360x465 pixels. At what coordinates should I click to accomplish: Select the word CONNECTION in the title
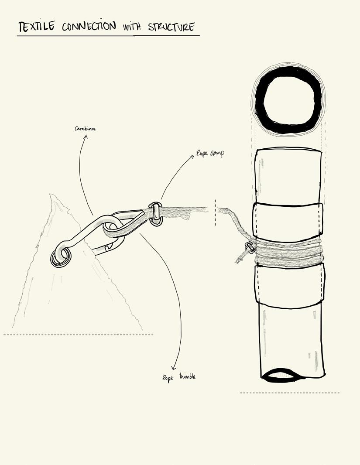coord(89,26)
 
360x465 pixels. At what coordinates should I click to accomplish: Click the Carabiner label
coord(85,129)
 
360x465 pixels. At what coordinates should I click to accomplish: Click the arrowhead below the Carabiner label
coord(86,137)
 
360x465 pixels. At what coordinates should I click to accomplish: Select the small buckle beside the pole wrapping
coord(250,247)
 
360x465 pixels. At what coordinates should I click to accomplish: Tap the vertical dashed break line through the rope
coord(215,213)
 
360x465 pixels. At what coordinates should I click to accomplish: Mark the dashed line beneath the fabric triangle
coord(79,335)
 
